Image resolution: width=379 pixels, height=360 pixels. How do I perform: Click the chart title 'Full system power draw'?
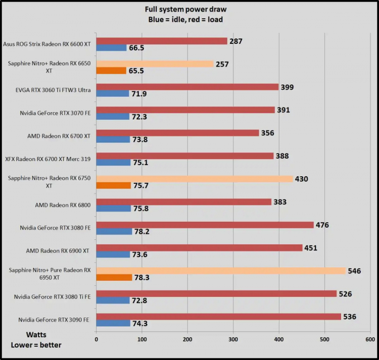tap(188, 9)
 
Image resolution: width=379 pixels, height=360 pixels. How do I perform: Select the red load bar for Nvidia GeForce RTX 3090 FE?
tap(218, 317)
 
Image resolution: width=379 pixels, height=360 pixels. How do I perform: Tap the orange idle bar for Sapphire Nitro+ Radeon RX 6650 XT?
tap(111, 71)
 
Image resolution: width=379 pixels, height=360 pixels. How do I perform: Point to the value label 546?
tap(354, 271)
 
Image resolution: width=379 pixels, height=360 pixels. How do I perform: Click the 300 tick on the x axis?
tap(233, 339)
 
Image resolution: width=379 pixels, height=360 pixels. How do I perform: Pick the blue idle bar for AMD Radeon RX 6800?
tap(113, 209)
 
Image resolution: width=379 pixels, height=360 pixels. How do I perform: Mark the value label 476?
tap(322, 225)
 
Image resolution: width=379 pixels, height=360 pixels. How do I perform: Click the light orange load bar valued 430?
tap(195, 179)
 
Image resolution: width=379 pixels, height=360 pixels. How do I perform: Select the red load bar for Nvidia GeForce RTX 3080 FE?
tap(205, 225)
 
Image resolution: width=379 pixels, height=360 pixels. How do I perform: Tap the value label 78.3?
tap(144, 278)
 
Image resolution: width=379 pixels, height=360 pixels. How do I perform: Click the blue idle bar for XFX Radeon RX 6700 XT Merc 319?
tap(113, 163)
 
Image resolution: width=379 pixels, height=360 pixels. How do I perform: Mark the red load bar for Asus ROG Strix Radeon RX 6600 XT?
tap(162, 41)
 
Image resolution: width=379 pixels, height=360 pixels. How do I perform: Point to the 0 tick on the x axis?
tap(96, 339)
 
